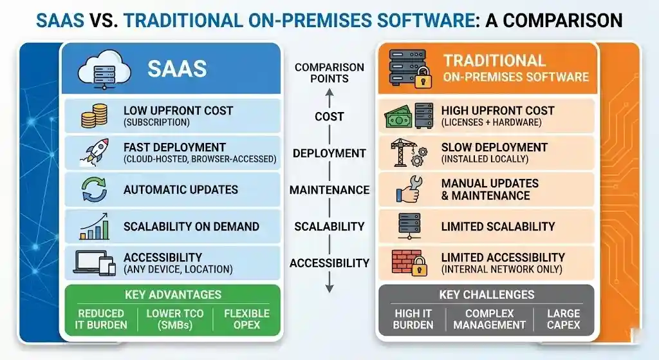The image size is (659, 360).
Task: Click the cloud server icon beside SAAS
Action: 104,69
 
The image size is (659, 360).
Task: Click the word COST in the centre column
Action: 329,117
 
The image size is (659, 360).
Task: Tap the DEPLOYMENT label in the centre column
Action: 329,153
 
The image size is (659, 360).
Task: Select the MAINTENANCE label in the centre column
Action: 329,190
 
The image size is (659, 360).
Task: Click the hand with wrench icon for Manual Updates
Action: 409,190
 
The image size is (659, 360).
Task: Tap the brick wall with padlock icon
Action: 409,263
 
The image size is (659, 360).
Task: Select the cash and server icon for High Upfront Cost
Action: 409,117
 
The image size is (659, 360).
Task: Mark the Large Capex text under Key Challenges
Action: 563,319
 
